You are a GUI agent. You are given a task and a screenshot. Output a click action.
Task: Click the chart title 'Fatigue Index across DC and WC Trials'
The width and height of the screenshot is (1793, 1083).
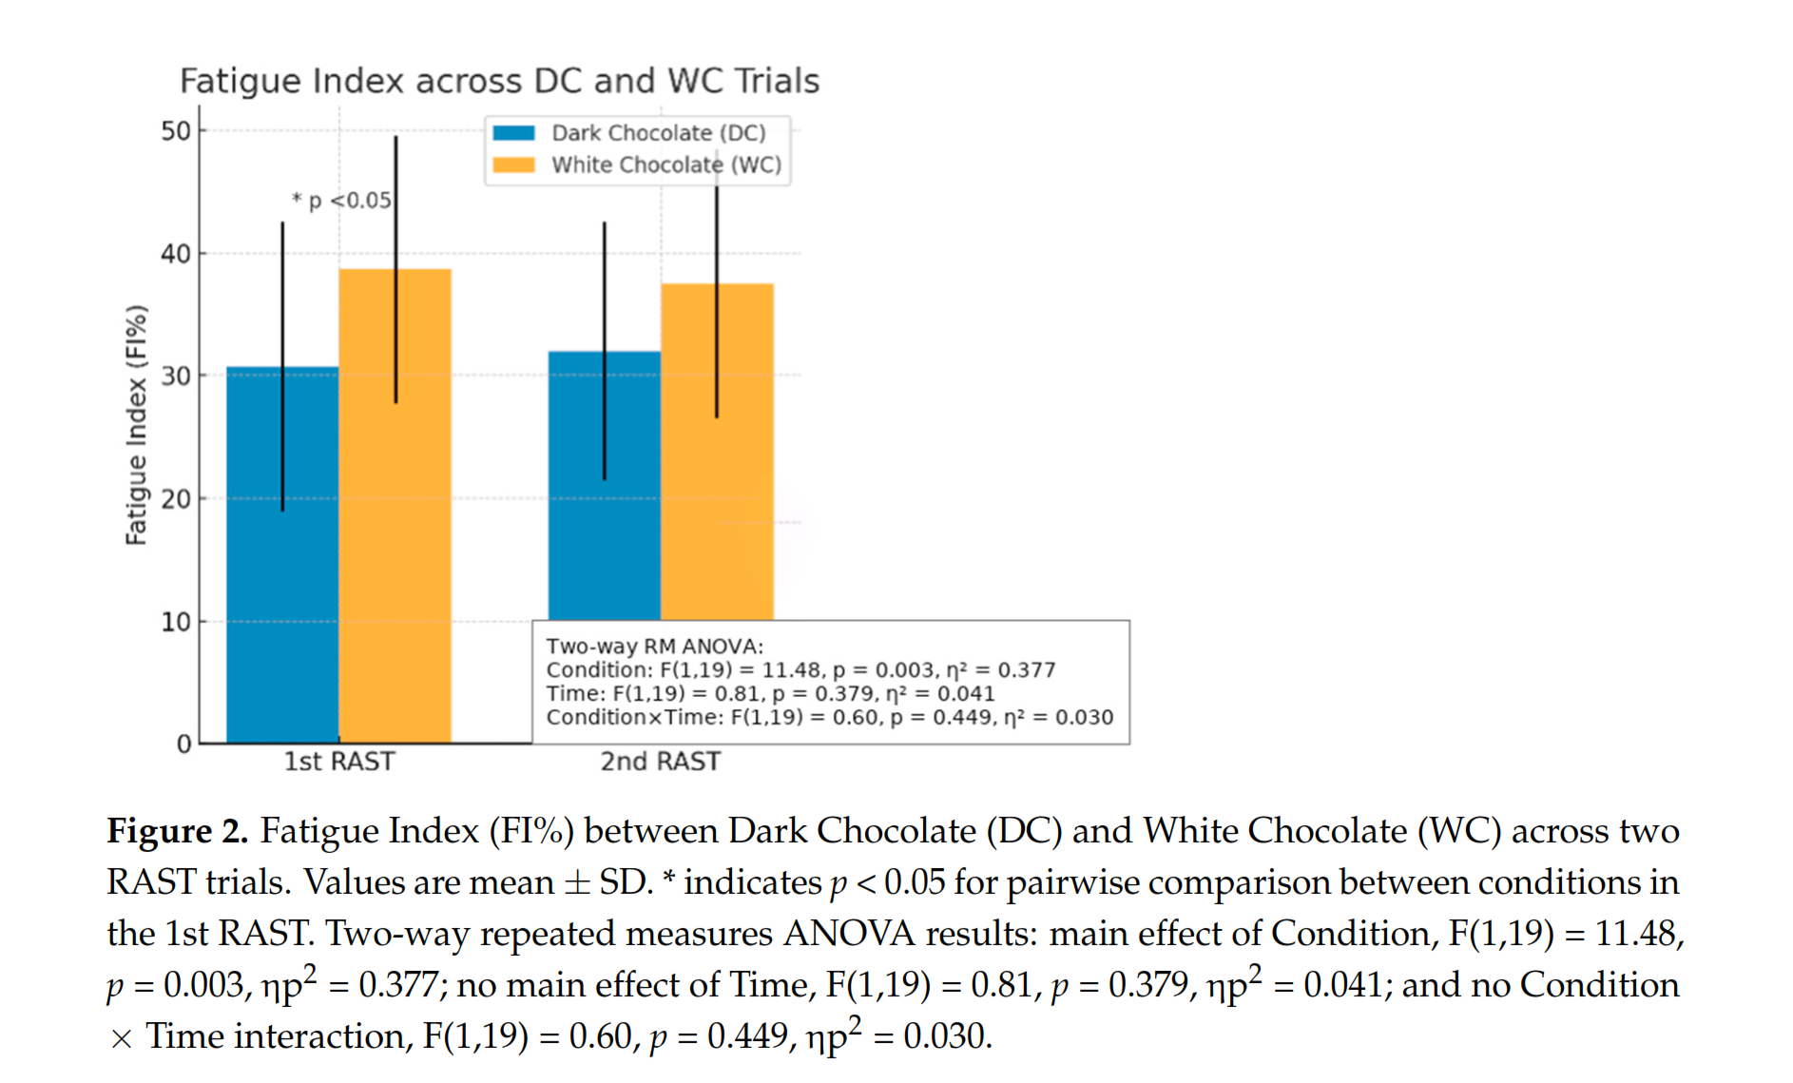[499, 82]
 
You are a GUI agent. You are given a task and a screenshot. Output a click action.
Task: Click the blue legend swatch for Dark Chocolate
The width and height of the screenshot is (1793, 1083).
[513, 133]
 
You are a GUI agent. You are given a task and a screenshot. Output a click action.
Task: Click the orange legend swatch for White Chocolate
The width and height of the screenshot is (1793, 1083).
[513, 165]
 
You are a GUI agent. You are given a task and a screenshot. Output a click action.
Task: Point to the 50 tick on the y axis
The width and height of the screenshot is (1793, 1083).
[176, 131]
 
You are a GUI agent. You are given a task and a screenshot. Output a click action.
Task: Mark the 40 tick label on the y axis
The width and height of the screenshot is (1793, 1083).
[176, 254]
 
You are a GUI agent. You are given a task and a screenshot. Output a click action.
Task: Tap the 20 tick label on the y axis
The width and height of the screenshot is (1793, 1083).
[176, 499]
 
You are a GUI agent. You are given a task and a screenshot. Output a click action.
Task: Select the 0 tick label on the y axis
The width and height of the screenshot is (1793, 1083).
[183, 745]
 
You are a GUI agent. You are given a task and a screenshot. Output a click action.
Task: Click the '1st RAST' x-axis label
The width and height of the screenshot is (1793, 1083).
[339, 762]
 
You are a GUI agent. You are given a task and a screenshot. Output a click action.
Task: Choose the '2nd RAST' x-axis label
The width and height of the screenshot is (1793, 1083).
[661, 762]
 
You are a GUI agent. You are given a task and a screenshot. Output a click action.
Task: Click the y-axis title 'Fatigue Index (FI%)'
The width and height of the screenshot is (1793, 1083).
[137, 425]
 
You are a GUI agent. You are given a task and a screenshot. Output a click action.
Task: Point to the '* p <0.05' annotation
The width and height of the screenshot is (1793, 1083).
[341, 201]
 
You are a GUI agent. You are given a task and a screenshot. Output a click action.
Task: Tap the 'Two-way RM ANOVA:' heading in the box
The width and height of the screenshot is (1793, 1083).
[654, 647]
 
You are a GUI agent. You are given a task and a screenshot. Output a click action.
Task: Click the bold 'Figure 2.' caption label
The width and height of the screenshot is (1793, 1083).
[177, 832]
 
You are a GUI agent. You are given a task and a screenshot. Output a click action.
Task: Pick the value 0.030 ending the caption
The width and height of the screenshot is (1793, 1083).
[946, 1036]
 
